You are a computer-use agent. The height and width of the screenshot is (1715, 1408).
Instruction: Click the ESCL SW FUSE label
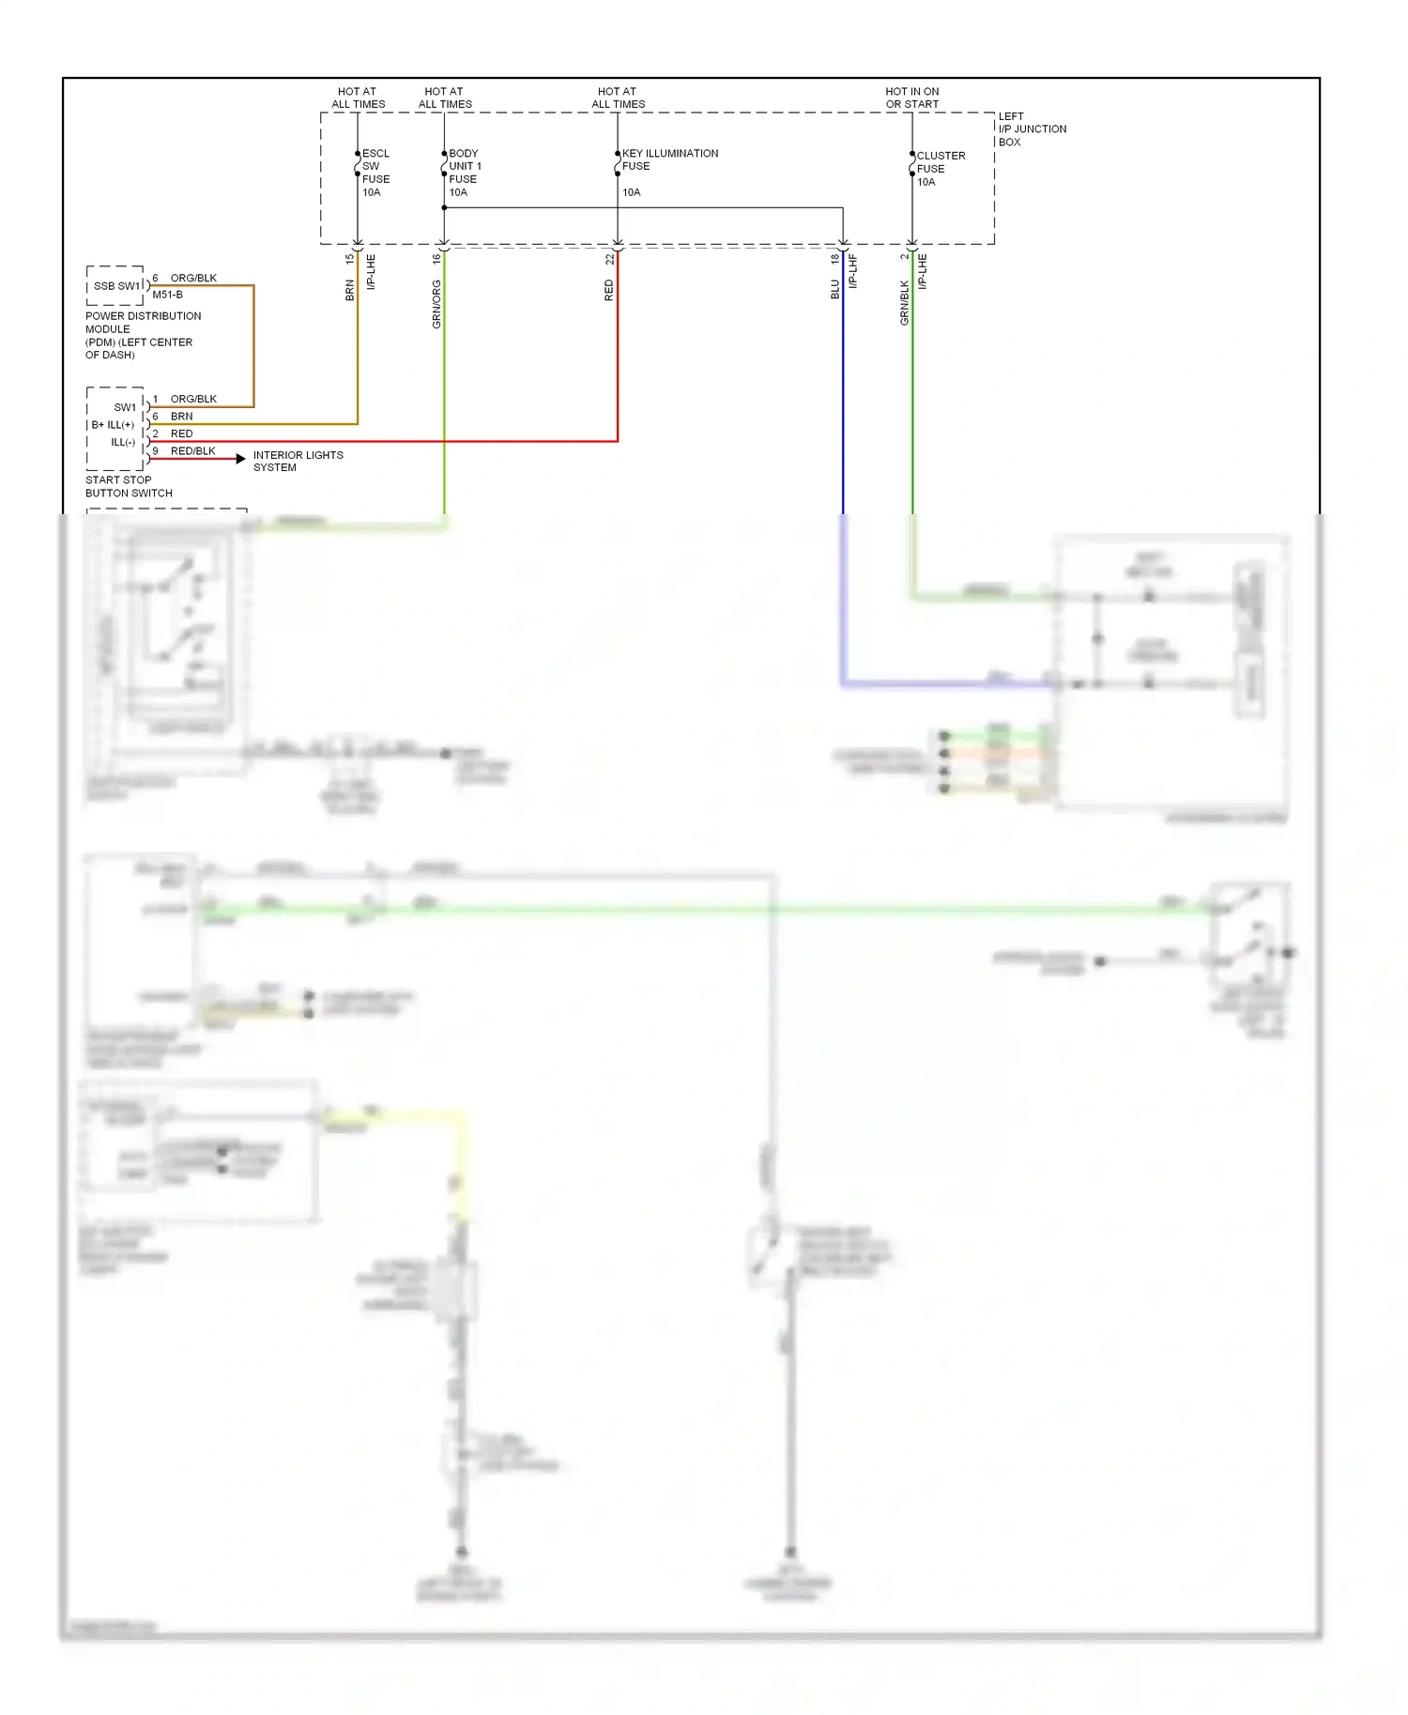(375, 173)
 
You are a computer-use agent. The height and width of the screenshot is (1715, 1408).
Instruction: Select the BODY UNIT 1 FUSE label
(464, 173)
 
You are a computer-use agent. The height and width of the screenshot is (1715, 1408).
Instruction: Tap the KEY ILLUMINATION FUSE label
(669, 159)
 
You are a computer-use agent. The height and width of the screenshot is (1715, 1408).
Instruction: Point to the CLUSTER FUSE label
(940, 169)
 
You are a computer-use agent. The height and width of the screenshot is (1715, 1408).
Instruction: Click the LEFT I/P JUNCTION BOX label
(1031, 129)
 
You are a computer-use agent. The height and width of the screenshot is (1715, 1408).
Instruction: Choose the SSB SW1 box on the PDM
(116, 286)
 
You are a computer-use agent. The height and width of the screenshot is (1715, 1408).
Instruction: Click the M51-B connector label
(167, 295)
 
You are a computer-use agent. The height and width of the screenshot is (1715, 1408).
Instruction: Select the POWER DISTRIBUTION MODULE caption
(143, 335)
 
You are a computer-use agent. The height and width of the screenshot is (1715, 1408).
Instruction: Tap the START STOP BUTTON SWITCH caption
(129, 486)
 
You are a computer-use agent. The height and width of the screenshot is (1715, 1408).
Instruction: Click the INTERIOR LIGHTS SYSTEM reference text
(298, 461)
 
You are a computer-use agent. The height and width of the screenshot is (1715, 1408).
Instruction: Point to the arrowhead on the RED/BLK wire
(241, 459)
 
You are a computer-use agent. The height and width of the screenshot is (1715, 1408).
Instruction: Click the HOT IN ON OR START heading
(911, 98)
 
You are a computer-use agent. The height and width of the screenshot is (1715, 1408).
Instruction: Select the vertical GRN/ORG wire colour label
(436, 304)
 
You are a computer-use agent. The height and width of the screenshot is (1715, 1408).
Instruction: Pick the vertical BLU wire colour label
(834, 290)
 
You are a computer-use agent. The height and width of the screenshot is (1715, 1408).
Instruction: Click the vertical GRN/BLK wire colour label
(904, 303)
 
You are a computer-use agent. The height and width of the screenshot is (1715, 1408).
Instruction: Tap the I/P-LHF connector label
(853, 271)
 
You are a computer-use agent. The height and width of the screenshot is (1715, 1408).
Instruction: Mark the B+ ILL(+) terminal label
(113, 425)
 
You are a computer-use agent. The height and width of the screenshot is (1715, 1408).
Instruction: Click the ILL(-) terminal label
(123, 442)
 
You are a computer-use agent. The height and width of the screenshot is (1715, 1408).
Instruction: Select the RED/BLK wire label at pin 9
(192, 451)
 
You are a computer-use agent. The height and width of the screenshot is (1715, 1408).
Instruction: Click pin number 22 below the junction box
(609, 259)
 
